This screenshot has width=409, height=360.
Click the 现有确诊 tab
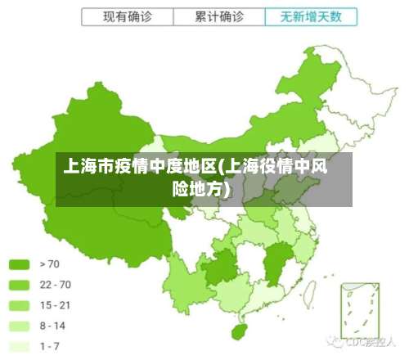(127, 16)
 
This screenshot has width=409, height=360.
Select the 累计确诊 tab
(219, 16)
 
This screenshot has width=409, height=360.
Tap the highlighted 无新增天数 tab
(311, 16)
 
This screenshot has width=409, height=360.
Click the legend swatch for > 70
(19, 264)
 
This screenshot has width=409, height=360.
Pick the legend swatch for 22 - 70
(19, 285)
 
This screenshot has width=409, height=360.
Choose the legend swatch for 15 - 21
(19, 305)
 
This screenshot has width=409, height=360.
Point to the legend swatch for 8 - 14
(19, 326)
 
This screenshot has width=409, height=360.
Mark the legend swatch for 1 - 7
(19, 346)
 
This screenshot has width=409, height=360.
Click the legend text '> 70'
(50, 264)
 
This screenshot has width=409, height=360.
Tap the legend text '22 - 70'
(55, 285)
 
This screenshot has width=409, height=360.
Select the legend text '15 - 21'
(55, 305)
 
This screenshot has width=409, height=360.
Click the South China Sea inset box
(360, 315)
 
